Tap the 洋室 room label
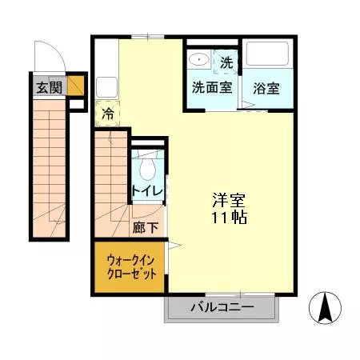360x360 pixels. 228,200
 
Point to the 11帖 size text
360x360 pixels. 228,218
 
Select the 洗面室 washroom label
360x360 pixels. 212,87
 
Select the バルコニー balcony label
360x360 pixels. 222,308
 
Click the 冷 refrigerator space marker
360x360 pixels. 107,114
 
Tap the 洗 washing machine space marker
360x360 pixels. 226,62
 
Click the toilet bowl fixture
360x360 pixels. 147,167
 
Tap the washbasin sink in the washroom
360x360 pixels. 198,59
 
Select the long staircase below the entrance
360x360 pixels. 48,168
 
